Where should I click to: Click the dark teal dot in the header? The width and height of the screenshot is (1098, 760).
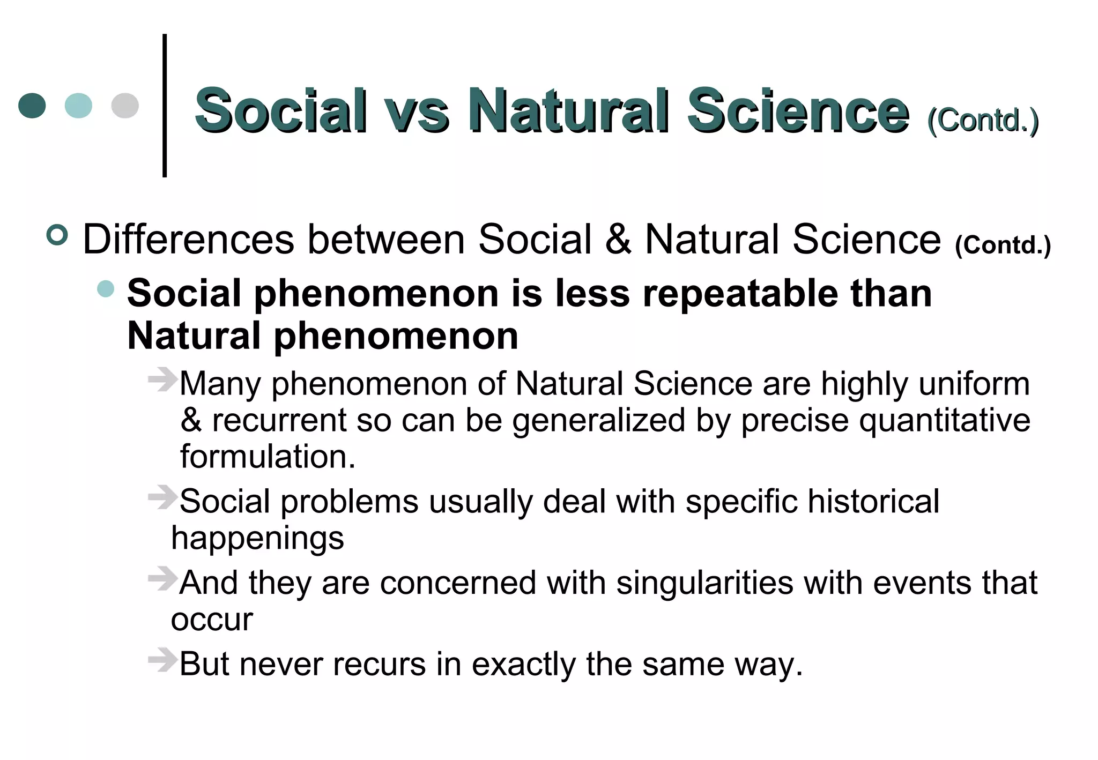click(x=32, y=106)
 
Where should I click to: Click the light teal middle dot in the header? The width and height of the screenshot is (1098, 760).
click(x=78, y=106)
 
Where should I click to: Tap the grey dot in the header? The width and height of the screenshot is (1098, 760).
click(x=125, y=106)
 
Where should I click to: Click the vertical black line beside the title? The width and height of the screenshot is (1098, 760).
click(x=165, y=106)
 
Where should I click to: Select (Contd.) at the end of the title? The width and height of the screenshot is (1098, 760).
click(x=983, y=120)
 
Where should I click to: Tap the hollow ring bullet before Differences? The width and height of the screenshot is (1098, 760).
click(x=57, y=235)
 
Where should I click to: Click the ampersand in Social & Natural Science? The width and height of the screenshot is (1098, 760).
click(x=618, y=240)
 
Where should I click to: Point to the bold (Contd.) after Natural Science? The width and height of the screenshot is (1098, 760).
click(x=1003, y=245)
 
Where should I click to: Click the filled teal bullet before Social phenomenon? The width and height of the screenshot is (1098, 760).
click(x=106, y=289)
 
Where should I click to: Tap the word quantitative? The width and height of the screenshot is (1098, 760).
click(x=944, y=420)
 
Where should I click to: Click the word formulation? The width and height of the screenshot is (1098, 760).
click(x=268, y=457)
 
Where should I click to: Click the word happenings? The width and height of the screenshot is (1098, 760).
click(x=257, y=538)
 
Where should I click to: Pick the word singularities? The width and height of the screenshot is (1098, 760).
click(x=704, y=583)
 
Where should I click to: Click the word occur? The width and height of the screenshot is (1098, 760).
click(x=212, y=620)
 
